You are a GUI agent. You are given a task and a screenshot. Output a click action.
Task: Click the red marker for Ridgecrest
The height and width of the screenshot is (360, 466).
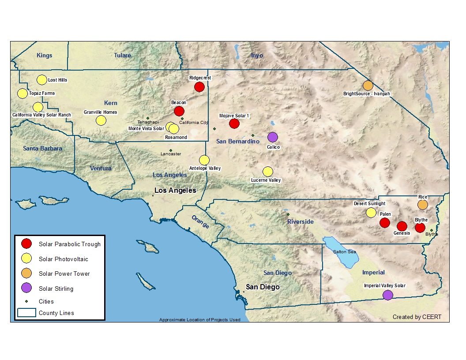click(x=199, y=87)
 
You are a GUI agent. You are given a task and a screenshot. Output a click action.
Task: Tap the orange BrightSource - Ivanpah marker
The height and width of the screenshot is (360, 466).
click(x=368, y=86)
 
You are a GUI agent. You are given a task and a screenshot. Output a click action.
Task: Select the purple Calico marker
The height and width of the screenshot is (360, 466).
click(x=273, y=137)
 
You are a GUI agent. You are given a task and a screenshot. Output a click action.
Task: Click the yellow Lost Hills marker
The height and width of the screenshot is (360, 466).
click(x=41, y=80)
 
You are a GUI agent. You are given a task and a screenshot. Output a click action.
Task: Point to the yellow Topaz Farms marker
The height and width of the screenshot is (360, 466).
click(x=22, y=94)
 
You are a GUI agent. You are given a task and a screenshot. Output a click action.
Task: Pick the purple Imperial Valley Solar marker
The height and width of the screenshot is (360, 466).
click(x=387, y=295)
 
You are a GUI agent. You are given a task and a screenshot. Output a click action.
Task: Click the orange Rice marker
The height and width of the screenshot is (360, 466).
click(x=422, y=205)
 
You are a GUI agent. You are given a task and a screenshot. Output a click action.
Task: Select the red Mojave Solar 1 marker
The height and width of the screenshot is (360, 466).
click(x=234, y=124)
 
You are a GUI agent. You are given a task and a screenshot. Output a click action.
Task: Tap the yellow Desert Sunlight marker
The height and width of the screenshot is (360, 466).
click(x=371, y=212)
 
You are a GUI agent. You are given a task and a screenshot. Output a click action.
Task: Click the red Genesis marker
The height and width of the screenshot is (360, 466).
click(x=402, y=226)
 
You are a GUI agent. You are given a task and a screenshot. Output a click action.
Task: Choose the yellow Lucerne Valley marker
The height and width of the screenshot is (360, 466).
click(x=267, y=172)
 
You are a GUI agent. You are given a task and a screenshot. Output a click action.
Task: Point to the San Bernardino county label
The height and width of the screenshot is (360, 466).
click(x=237, y=141)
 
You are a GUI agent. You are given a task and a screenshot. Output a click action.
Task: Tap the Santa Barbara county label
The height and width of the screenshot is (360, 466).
click(x=42, y=148)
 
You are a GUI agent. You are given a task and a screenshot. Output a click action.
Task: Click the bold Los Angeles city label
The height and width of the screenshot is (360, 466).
click(x=175, y=191)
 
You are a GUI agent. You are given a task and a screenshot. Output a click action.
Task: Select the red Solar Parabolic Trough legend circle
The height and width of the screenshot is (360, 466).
click(x=27, y=244)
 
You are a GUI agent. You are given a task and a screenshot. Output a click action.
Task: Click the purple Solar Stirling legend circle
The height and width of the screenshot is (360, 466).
click(x=27, y=289)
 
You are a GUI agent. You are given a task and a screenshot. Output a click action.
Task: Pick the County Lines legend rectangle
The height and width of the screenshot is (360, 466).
click(x=27, y=313)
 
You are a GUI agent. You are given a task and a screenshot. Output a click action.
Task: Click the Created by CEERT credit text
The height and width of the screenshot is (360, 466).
click(x=417, y=317)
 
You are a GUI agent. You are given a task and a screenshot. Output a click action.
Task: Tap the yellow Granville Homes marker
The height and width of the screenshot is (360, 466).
click(x=101, y=120)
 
